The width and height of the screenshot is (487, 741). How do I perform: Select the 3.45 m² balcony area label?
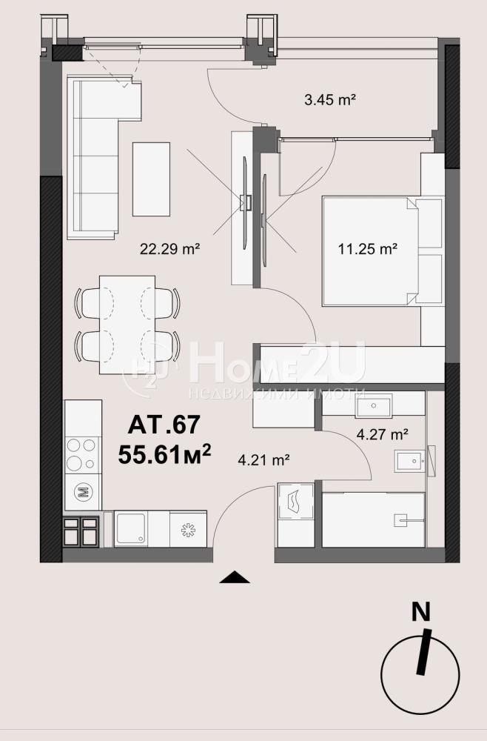pyautogui.click(x=330, y=100)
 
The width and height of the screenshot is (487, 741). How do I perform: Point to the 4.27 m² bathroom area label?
pyautogui.click(x=382, y=433)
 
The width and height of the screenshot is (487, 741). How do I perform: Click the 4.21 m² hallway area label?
pyautogui.click(x=263, y=459)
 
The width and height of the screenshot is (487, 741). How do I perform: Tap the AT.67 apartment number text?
pyautogui.click(x=164, y=424)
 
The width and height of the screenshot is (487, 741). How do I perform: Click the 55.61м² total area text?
pyautogui.click(x=164, y=454)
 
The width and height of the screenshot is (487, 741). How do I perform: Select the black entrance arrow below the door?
pyautogui.click(x=235, y=577)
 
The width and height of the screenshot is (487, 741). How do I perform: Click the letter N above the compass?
pyautogui.click(x=421, y=612)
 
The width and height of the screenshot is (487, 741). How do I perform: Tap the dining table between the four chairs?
pyautogui.click(x=127, y=325)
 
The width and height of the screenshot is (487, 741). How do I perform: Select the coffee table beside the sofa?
pyautogui.click(x=152, y=179)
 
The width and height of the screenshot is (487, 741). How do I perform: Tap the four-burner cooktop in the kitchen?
pyautogui.click(x=83, y=455)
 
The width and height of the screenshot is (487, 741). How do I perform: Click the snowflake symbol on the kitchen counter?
pyautogui.click(x=188, y=530)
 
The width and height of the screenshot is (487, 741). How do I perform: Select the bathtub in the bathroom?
pyautogui.click(x=373, y=520)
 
